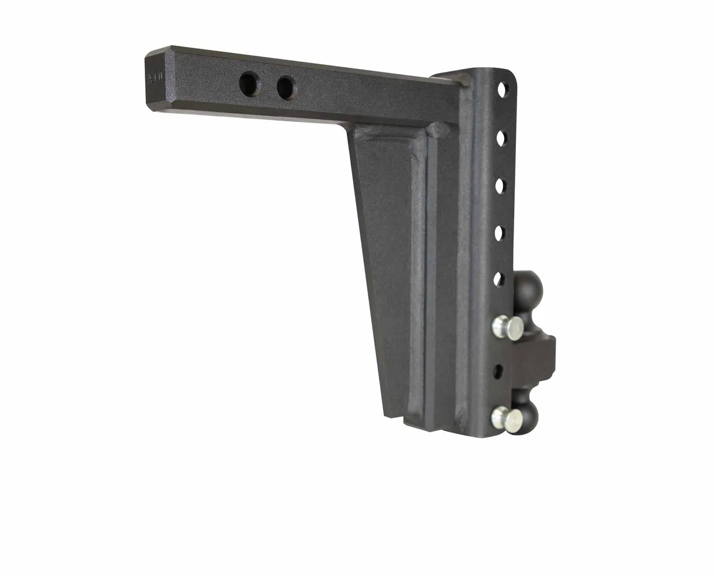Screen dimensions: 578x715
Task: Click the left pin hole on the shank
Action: (x=250, y=83)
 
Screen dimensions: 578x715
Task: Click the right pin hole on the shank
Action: (x=285, y=88)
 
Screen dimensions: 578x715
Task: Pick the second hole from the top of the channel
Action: (x=501, y=138)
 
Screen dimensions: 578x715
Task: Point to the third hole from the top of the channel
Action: (x=500, y=185)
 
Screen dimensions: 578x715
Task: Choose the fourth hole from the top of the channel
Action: (x=499, y=232)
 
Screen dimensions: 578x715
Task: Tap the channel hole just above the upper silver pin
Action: (x=499, y=279)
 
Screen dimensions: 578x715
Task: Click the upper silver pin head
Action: (x=506, y=327)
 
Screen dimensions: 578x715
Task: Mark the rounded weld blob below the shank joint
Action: (x=439, y=129)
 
